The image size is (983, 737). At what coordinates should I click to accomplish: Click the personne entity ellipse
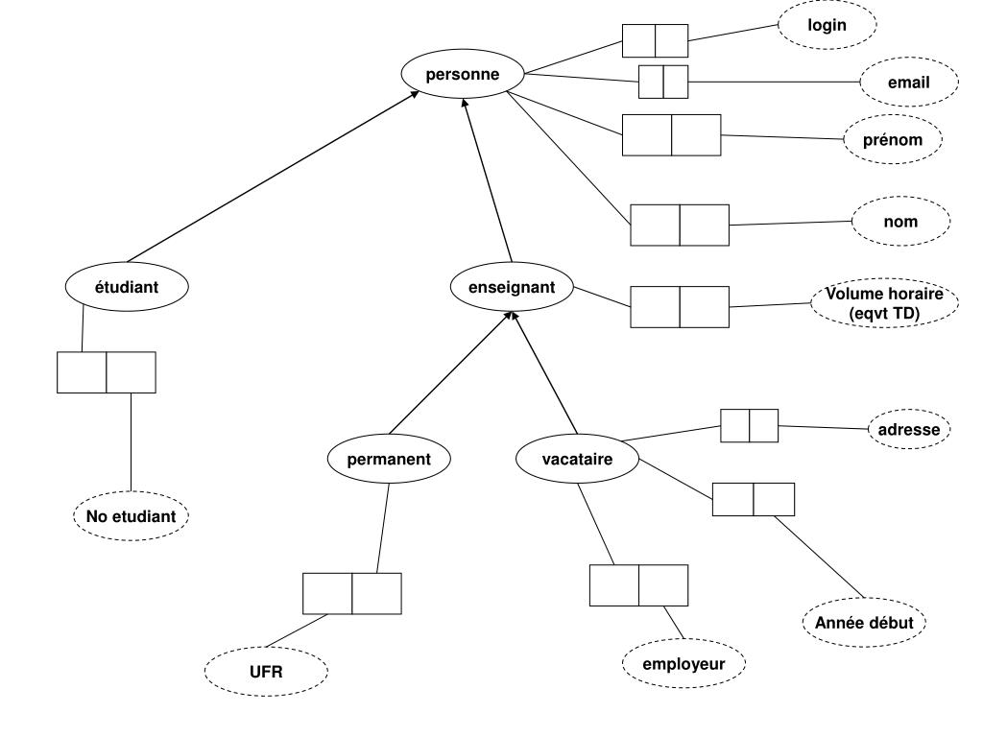click(463, 74)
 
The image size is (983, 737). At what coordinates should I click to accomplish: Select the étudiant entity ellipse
click(127, 286)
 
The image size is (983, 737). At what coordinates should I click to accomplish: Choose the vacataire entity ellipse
click(577, 459)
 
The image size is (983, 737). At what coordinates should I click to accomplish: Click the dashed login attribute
click(827, 25)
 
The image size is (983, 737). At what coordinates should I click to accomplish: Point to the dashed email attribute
click(908, 83)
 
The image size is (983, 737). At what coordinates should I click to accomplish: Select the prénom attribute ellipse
click(893, 140)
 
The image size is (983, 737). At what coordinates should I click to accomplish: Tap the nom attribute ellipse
click(900, 222)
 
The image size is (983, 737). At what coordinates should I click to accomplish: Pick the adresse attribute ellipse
click(909, 430)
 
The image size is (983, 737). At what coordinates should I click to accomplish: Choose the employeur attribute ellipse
click(683, 663)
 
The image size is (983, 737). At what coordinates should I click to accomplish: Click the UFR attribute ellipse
click(266, 672)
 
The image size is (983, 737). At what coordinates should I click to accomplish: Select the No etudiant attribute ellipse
click(131, 516)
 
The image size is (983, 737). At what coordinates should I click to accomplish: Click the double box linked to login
click(655, 41)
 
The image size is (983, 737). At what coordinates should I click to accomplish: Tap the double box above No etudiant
click(106, 372)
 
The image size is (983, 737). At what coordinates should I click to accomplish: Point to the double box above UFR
click(351, 593)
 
